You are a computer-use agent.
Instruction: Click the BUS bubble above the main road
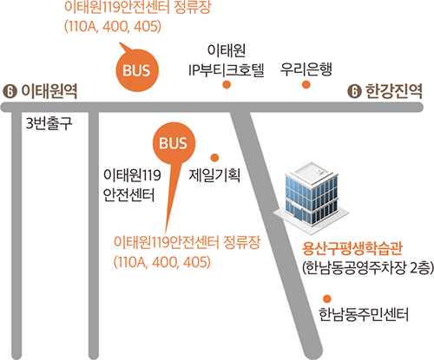pos(137,70)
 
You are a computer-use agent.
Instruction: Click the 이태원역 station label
pos(49,91)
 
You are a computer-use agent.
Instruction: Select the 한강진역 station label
pos(394,91)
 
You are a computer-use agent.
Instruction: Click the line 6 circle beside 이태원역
pos(10,92)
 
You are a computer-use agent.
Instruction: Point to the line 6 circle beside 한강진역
pos(354,92)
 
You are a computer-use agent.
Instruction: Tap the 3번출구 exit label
pos(49,123)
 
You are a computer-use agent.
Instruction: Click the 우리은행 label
pos(306,69)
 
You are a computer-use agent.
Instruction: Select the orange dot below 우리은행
pos(306,85)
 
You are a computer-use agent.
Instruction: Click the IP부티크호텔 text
pos(227,70)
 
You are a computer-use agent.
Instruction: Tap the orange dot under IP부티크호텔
pos(227,85)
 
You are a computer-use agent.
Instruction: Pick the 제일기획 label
pos(214,175)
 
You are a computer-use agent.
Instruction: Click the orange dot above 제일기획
pos(214,158)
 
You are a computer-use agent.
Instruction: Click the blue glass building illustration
pos(312,197)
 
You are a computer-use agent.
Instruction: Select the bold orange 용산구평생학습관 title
pos(352,249)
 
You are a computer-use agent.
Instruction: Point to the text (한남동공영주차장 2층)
pos(368,267)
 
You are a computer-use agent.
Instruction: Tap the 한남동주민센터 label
pos(364,314)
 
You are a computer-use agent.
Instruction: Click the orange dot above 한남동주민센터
pos(327,298)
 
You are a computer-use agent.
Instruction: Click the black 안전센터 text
pos(129,195)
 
